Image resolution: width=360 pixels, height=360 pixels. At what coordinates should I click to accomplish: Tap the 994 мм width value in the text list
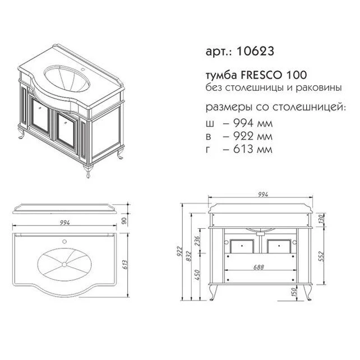247,123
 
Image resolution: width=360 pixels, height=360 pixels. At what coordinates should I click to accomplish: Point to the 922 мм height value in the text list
247,136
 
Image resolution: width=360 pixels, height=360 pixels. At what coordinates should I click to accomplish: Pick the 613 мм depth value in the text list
247,149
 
